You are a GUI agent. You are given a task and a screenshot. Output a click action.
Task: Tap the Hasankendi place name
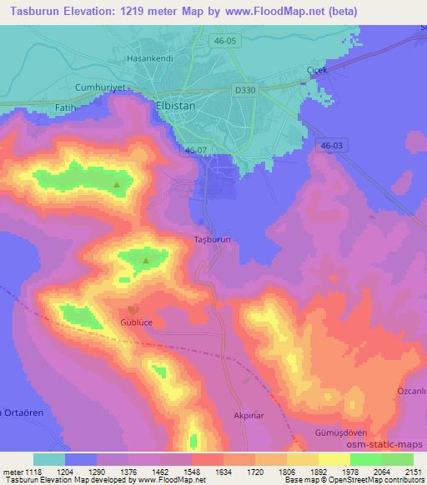click(x=148, y=59)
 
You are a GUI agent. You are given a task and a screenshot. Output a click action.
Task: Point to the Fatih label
click(x=64, y=107)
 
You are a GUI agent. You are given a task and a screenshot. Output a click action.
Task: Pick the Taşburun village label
click(x=212, y=238)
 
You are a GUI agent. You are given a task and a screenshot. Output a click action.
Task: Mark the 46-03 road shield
click(x=329, y=146)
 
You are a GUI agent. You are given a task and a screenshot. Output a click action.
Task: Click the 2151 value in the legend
click(x=413, y=471)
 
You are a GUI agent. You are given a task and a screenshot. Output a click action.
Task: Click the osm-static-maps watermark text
click(x=389, y=447)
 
